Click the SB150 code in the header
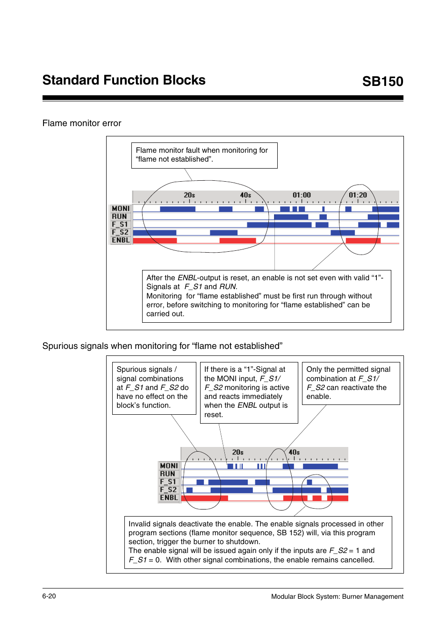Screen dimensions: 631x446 point(382,81)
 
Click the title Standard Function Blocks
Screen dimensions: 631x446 point(124,80)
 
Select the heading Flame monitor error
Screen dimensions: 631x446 point(82,123)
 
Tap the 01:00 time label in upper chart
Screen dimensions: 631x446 point(302,195)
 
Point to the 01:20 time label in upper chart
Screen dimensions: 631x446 point(358,195)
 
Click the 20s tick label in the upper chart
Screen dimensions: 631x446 point(189,195)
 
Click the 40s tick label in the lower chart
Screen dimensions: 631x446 point(294,452)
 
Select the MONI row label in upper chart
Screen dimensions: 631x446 point(121,209)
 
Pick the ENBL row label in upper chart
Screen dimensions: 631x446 point(121,240)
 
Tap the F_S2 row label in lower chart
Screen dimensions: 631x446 point(169,489)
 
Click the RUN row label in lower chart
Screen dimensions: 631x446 point(167,474)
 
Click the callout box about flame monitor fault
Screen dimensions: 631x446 point(204,155)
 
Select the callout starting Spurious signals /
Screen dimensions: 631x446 point(154,388)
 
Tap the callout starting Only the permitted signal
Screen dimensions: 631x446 point(351,383)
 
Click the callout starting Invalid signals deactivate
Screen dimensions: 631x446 point(258,542)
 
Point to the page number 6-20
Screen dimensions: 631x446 point(49,596)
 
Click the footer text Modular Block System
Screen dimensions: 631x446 point(337,596)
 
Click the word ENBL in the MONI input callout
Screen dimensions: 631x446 point(247,405)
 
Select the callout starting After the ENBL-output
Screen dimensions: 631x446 point(266,296)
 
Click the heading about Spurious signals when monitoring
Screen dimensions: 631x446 point(162,346)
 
